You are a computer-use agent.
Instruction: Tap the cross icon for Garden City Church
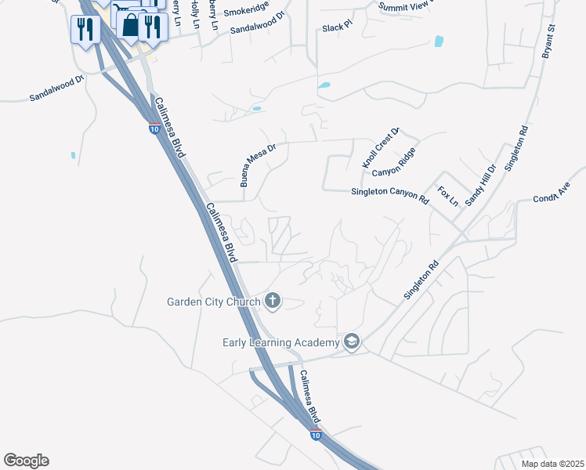(273, 300)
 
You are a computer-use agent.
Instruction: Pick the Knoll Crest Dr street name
(381, 148)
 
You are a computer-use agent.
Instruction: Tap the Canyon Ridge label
(392, 167)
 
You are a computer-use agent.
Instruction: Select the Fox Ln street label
(448, 196)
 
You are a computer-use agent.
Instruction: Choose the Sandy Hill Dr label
(481, 185)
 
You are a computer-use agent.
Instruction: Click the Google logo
(26, 461)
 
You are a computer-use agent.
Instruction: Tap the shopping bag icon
(129, 26)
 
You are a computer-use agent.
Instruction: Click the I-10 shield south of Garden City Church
(315, 435)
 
